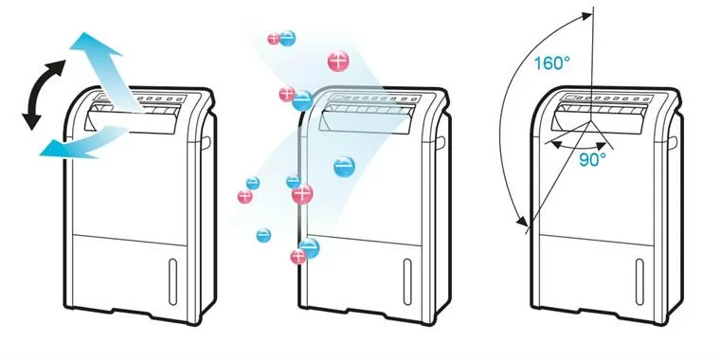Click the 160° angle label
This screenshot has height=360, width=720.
(x=552, y=63)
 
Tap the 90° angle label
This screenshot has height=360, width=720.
(x=592, y=159)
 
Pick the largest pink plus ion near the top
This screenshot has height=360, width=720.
(x=338, y=61)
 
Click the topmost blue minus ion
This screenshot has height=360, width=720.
(x=287, y=38)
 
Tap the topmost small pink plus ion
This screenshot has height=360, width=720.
(x=274, y=39)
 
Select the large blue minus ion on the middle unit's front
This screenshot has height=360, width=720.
(x=344, y=166)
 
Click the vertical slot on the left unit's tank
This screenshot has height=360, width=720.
(x=172, y=282)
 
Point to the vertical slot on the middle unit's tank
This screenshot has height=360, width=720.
(x=407, y=282)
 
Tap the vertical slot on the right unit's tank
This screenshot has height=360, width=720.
(x=639, y=282)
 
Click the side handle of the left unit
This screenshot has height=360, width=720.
(x=207, y=142)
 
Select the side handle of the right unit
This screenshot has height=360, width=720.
(x=673, y=142)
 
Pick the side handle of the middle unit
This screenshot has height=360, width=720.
(x=441, y=142)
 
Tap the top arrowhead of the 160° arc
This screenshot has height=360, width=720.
(x=585, y=16)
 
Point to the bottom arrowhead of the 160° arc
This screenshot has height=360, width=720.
(x=522, y=222)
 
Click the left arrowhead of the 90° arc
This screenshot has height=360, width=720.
(x=556, y=145)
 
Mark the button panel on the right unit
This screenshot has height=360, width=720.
(x=606, y=99)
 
